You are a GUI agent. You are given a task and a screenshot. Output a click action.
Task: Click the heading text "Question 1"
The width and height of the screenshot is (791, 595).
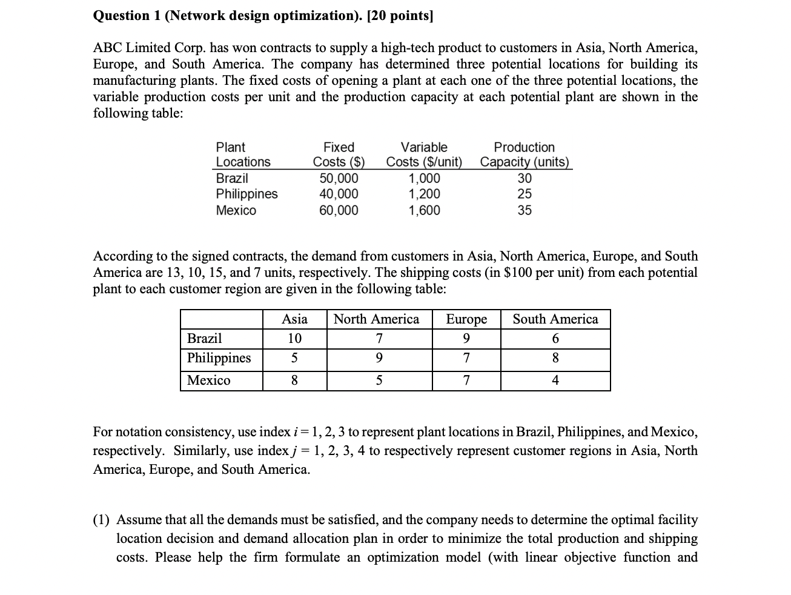pos(127,16)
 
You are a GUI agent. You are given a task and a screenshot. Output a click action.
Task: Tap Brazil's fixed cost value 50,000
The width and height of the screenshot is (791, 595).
pos(339,178)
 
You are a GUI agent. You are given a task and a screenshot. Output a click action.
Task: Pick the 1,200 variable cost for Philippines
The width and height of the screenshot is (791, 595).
pos(424,194)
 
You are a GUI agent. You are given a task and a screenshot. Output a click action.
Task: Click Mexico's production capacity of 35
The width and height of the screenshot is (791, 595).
pos(525,210)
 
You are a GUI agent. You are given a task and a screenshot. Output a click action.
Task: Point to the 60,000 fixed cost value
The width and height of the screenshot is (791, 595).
pos(339,210)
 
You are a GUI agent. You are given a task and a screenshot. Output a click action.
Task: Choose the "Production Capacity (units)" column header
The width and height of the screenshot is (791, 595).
pos(525,155)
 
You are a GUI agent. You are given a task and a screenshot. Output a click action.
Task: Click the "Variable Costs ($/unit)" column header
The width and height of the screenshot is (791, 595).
pos(424,155)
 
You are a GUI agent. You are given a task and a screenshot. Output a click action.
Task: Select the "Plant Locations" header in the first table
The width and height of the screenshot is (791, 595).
pos(243,155)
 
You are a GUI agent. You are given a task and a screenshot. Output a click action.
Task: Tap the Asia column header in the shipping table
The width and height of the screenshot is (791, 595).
pos(294,319)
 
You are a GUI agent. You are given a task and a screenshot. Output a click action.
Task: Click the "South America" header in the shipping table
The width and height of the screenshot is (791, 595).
pos(555,319)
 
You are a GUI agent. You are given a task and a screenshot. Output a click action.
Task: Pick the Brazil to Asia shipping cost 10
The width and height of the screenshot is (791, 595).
pos(294,339)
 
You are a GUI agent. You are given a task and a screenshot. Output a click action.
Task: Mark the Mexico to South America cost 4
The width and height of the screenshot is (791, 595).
pos(555,381)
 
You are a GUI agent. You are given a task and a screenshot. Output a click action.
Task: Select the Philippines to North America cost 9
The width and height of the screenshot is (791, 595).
pos(379,358)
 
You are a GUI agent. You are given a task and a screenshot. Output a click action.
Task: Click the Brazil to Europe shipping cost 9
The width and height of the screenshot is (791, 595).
pos(466,339)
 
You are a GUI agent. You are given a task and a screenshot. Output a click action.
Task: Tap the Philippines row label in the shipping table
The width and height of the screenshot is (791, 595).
pos(219,358)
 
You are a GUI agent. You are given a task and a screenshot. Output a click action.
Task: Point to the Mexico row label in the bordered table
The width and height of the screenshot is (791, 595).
pos(208,381)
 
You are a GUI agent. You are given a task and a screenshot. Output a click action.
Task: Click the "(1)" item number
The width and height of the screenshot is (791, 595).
pos(101,520)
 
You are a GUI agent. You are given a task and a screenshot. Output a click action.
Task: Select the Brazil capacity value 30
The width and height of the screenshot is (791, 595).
pos(525,178)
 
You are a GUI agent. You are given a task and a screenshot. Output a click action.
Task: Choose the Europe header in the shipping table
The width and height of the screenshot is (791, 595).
pos(466,319)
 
